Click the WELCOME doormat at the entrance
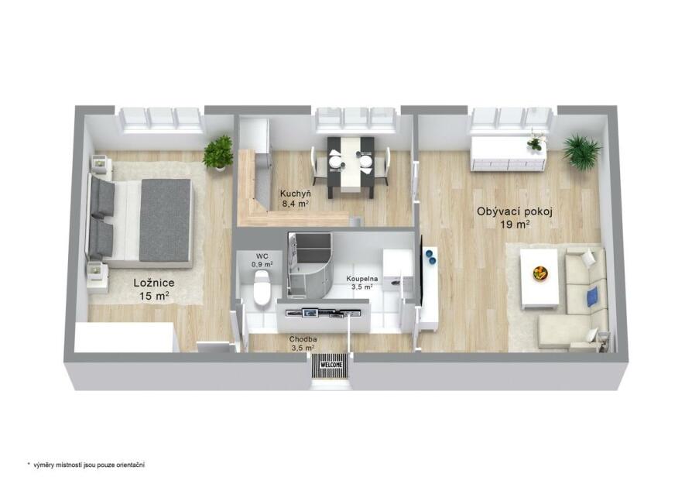click(x=331, y=366)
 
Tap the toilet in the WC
click(x=262, y=287)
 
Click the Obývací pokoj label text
click(x=515, y=211)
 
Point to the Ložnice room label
click(x=154, y=283)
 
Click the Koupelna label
click(x=362, y=279)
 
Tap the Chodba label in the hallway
click(x=303, y=339)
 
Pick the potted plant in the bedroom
click(x=218, y=153)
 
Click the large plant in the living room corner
click(x=581, y=152)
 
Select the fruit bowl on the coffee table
click(x=540, y=273)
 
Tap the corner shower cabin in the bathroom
click(x=310, y=264)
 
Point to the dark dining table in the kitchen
click(x=351, y=166)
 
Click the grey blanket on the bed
click(x=166, y=220)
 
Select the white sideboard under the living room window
click(x=509, y=153)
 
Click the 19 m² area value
click(x=515, y=225)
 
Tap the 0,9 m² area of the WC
click(x=262, y=265)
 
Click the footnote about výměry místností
click(x=86, y=465)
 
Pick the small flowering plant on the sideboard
click(x=535, y=140)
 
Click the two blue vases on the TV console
click(x=430, y=257)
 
